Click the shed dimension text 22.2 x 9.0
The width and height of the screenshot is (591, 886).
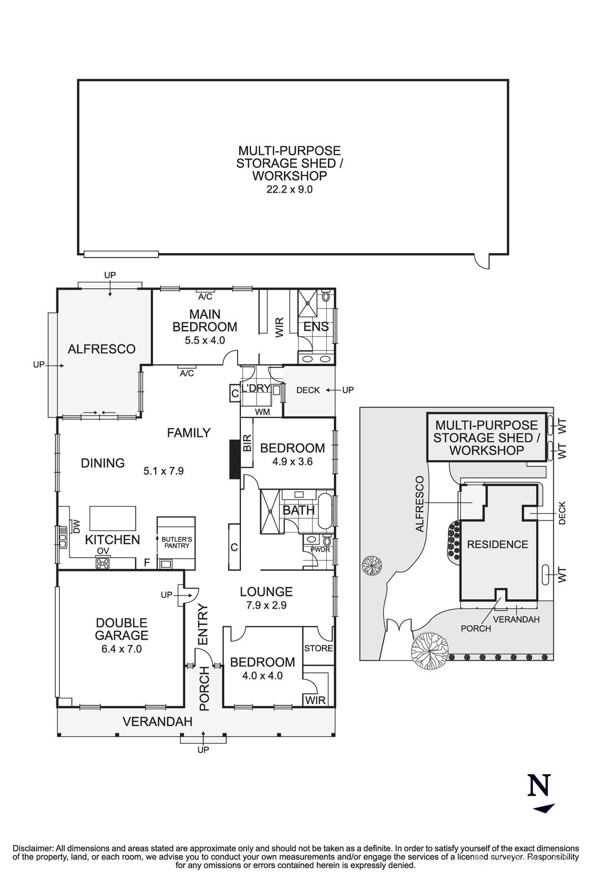pos(289,189)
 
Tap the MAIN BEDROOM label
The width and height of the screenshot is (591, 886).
pos(204,321)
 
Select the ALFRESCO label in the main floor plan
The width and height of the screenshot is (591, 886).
pos(101,349)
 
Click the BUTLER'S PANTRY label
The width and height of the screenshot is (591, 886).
pos(176,542)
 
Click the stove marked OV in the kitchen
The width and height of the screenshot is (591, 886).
pos(103,563)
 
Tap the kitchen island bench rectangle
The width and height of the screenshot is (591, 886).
pos(113,518)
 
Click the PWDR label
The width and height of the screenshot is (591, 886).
pos(320,550)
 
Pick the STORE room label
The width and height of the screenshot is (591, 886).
pos(318,648)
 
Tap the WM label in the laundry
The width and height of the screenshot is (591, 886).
pos(262,412)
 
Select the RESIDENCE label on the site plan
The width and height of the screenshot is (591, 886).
pos(497,544)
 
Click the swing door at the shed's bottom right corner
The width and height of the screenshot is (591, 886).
pos(482,260)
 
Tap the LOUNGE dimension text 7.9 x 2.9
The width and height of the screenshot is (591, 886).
pos(266,605)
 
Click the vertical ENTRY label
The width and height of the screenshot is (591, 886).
pos(202,624)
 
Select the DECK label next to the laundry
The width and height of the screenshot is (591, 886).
pos(308,390)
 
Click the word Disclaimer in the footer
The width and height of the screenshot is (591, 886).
pos(33,848)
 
